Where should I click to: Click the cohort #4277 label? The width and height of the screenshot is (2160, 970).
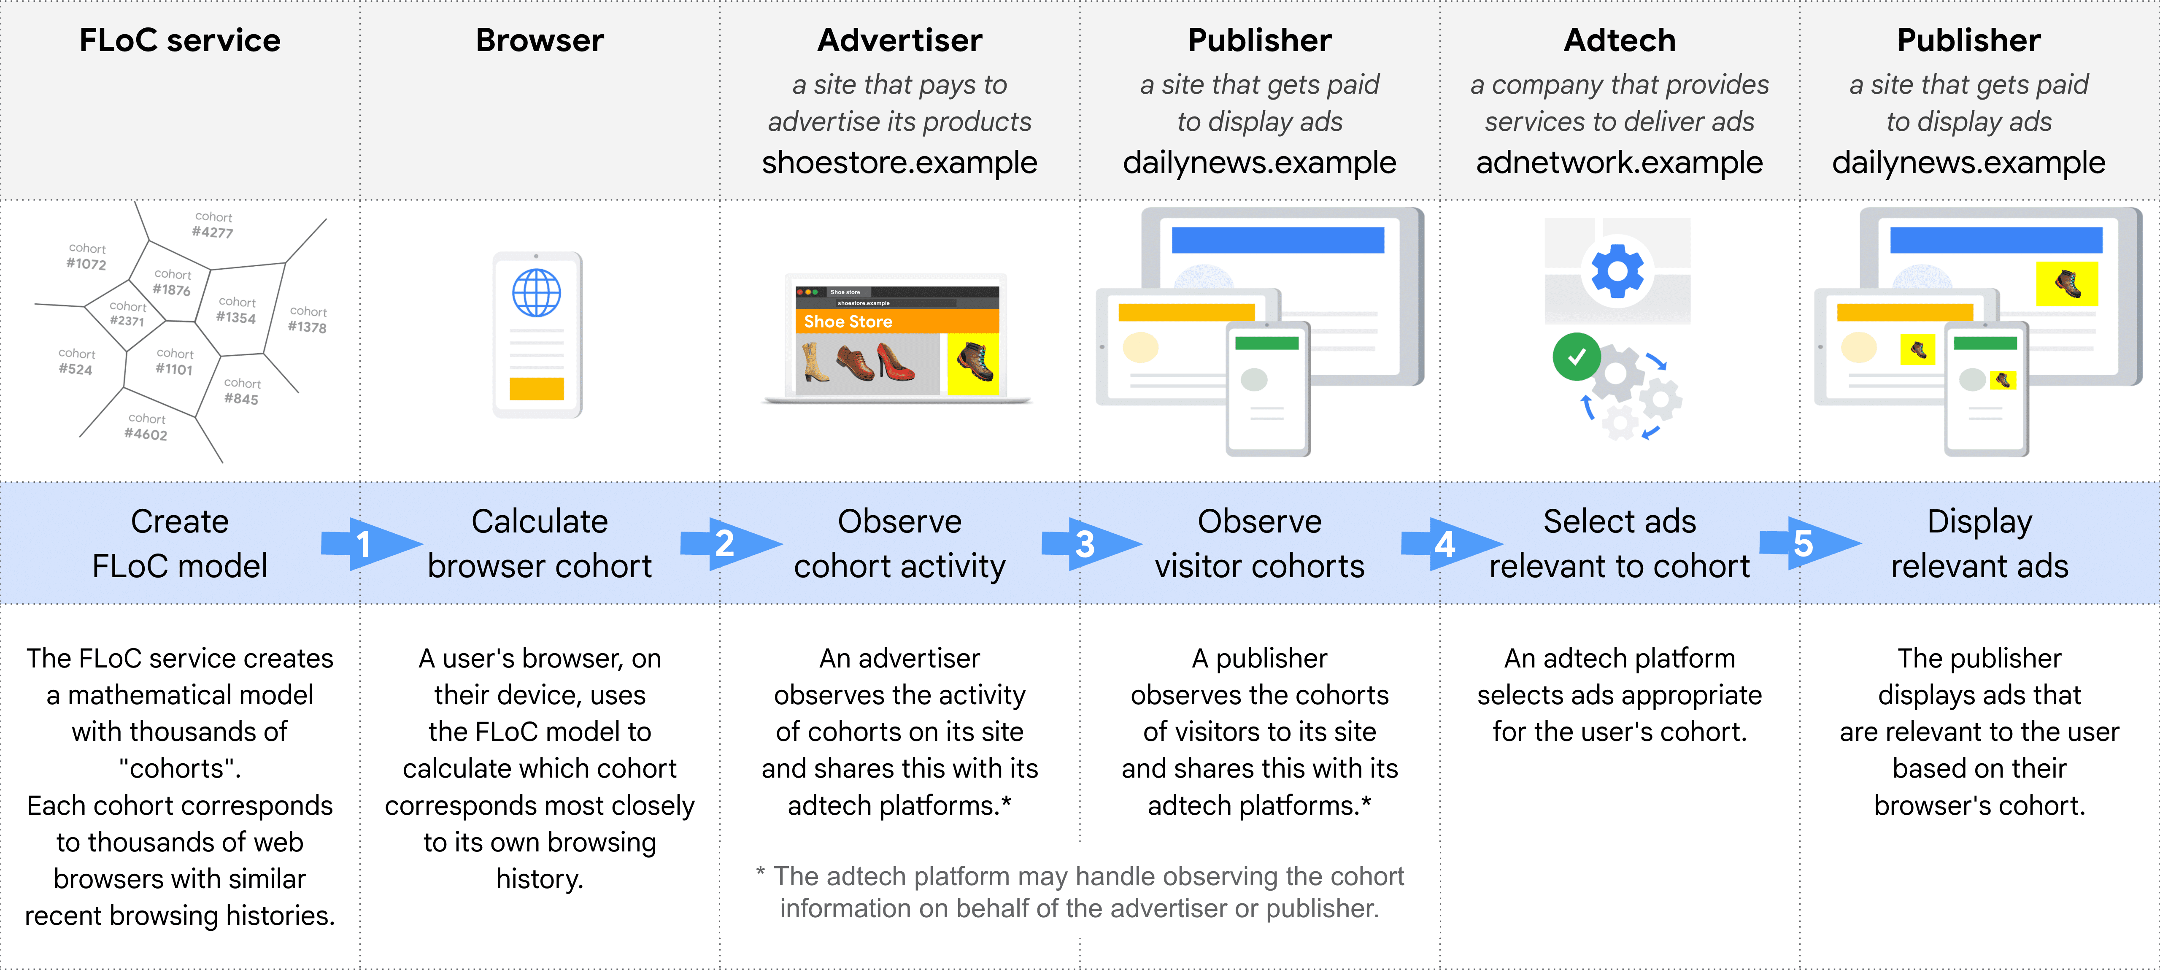(213, 225)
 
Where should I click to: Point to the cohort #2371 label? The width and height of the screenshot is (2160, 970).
(127, 313)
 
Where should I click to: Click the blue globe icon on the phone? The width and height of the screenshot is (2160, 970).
(537, 292)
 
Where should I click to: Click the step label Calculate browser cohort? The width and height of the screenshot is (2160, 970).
(539, 543)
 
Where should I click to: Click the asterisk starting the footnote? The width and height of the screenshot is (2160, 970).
(760, 872)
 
